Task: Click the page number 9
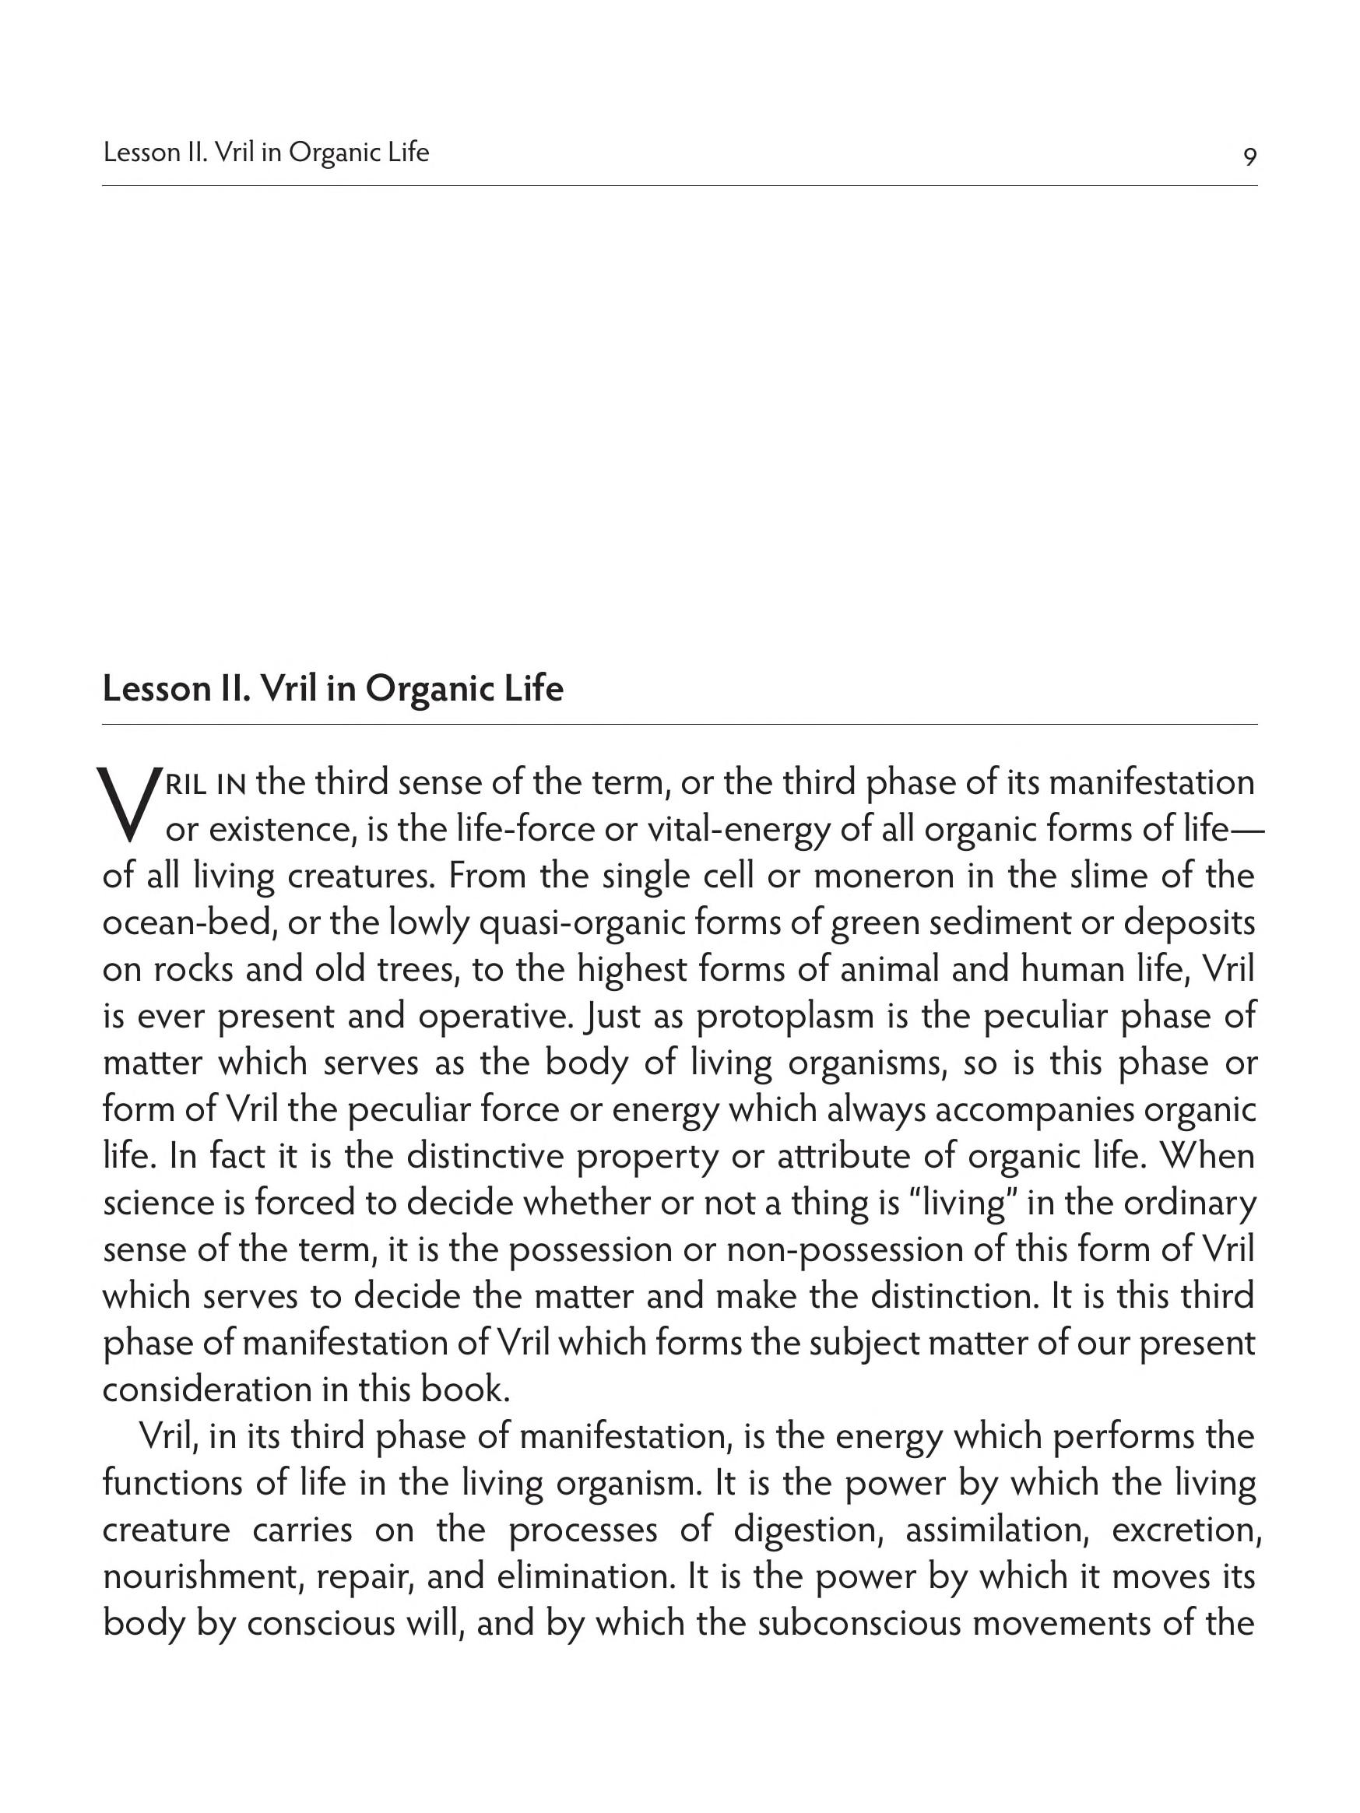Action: pyautogui.click(x=1249, y=156)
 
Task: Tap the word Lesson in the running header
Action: pyautogui.click(x=138, y=153)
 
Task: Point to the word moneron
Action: pyautogui.click(x=861, y=877)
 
